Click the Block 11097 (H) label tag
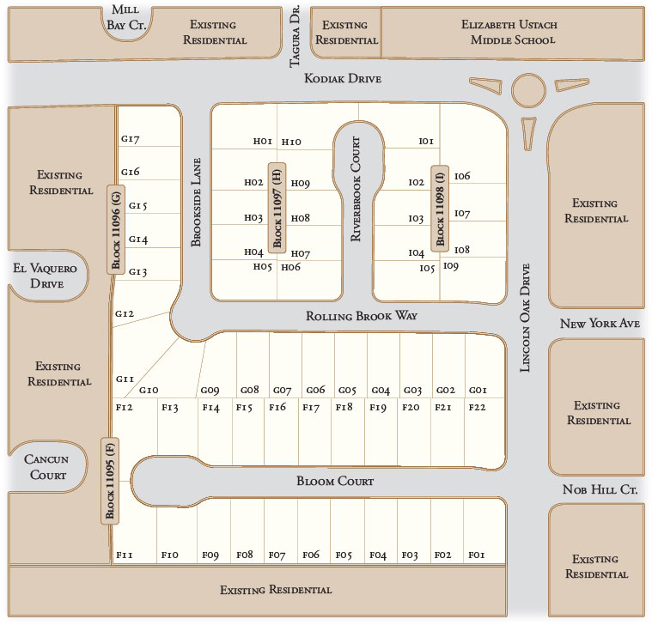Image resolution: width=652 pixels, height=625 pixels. [x=277, y=207]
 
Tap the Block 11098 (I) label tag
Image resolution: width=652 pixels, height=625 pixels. [x=440, y=208]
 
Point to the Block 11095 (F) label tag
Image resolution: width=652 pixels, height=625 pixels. [x=110, y=480]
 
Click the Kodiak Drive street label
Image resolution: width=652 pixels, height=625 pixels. [x=343, y=79]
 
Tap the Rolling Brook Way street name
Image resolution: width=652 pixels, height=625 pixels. [x=362, y=316]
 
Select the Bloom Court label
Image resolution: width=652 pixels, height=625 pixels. [x=335, y=482]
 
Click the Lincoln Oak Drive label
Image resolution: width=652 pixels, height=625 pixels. [x=527, y=318]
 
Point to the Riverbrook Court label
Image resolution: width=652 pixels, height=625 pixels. [x=355, y=189]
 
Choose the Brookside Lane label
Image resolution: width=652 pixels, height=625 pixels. [x=196, y=202]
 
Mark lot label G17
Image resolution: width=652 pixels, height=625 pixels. [x=131, y=139]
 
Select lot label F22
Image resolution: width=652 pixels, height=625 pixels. [x=478, y=407]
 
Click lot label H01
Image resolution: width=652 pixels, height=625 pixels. [x=262, y=141]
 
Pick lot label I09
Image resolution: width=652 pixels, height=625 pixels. [x=451, y=266]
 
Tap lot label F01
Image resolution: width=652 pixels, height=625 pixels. [x=478, y=555]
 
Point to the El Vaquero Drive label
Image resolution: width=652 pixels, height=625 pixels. [x=45, y=276]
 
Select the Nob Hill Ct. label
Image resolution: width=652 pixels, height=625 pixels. [x=600, y=489]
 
